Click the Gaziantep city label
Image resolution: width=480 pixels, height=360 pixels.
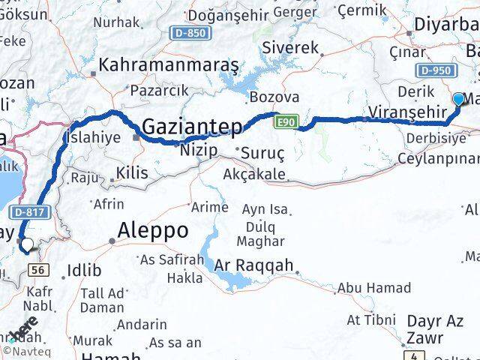[192, 126]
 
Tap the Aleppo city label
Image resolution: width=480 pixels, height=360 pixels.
[154, 230]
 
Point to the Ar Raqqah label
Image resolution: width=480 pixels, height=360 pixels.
[253, 266]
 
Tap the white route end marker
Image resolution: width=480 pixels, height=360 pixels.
[27, 244]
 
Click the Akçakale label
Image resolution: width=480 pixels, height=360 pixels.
[254, 174]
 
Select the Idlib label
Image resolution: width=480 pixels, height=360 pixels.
[83, 269]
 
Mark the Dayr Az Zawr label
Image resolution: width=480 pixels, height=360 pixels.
[435, 330]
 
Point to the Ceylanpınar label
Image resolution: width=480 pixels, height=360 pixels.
[439, 158]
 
